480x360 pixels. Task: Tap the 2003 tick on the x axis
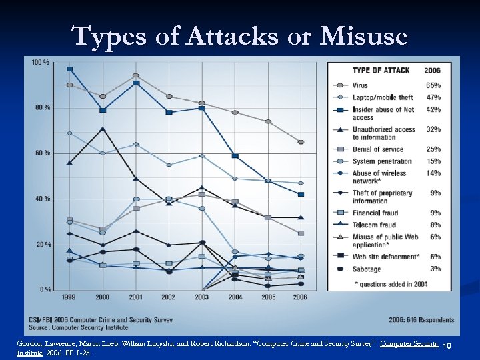click(x=202, y=297)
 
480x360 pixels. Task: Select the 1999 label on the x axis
click(x=69, y=297)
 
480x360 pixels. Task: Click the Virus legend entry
click(x=361, y=85)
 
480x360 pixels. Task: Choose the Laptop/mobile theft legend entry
click(x=383, y=97)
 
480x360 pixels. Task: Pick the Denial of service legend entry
click(x=378, y=149)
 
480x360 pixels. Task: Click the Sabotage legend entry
click(x=367, y=269)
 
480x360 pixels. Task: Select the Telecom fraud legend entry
click(x=375, y=225)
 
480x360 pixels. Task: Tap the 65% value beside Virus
click(x=433, y=85)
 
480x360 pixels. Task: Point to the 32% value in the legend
click(x=433, y=129)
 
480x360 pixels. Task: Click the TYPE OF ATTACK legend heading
click(x=381, y=70)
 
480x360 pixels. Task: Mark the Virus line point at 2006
click(x=301, y=142)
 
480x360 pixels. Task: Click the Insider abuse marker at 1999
click(x=70, y=69)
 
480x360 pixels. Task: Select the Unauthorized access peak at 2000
click(x=103, y=129)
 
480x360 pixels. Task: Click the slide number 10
click(x=447, y=345)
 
